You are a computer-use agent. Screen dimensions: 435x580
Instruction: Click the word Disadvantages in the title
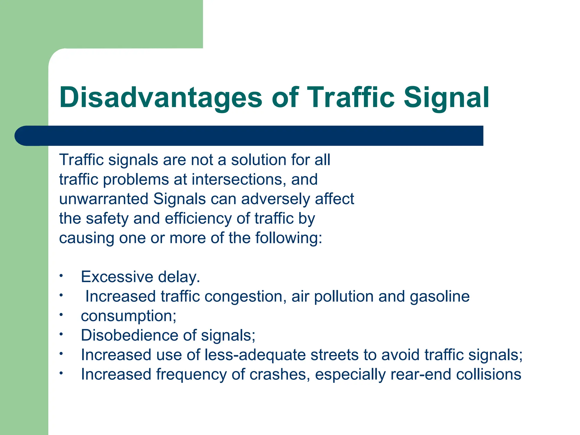(x=161, y=98)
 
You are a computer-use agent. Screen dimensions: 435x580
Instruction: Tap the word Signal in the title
(x=446, y=98)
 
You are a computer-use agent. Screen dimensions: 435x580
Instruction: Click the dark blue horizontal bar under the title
(x=249, y=136)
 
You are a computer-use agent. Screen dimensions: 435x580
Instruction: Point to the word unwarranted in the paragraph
(x=104, y=199)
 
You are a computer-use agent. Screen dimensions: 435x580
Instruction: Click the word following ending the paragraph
(x=289, y=238)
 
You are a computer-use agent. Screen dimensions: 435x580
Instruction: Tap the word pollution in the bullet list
(x=344, y=297)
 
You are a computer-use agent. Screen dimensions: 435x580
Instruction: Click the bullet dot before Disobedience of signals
(x=61, y=334)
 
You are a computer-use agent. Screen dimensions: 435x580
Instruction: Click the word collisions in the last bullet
(x=489, y=374)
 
